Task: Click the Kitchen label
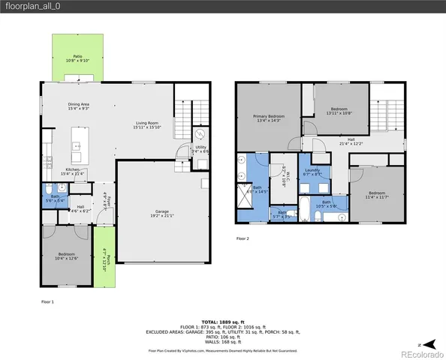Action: [x=73, y=171]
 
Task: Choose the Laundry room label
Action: [x=314, y=172]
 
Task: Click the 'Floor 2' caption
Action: [x=243, y=239]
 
